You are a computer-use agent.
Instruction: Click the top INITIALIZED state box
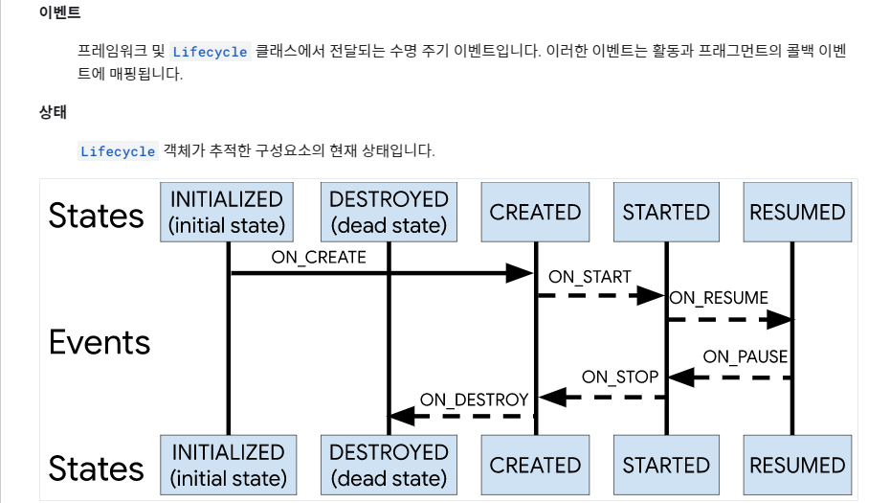(227, 212)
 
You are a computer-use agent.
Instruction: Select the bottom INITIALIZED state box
(227, 465)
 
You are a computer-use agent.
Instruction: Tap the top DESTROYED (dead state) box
(389, 212)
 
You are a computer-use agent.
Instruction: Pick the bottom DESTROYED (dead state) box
(389, 465)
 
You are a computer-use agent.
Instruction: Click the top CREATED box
(535, 212)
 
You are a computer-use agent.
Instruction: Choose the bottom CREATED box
(535, 465)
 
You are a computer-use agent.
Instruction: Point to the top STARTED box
(666, 212)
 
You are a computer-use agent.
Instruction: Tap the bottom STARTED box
(666, 465)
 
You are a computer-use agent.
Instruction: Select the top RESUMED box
(797, 212)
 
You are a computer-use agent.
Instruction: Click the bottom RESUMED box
(797, 465)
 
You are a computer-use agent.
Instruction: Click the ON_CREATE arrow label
(319, 257)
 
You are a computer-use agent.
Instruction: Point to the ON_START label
(590, 277)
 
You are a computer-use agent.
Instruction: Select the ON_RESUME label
(719, 298)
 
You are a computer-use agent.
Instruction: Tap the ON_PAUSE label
(745, 357)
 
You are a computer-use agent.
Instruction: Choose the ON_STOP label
(620, 377)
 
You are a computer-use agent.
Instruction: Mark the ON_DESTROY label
(474, 399)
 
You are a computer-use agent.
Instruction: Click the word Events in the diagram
(100, 342)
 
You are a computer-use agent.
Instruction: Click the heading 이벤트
(60, 14)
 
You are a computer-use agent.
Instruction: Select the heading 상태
(53, 112)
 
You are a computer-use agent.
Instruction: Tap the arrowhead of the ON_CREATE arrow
(520, 274)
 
